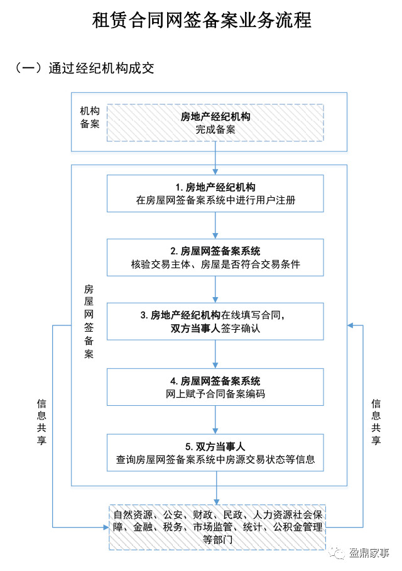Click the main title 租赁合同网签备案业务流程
[x=201, y=20]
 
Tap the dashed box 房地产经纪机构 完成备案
[x=215, y=123]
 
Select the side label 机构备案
[x=89, y=117]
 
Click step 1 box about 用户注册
[x=215, y=194]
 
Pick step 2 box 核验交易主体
[x=215, y=258]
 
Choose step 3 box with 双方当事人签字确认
[x=215, y=322]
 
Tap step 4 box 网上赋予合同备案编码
[x=215, y=387]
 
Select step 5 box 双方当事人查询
[x=215, y=452]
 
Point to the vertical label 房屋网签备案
[x=89, y=321]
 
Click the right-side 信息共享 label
[x=376, y=421]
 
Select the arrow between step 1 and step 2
[x=215, y=226]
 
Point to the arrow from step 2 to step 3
[x=215, y=290]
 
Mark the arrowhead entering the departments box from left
[x=104, y=526]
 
